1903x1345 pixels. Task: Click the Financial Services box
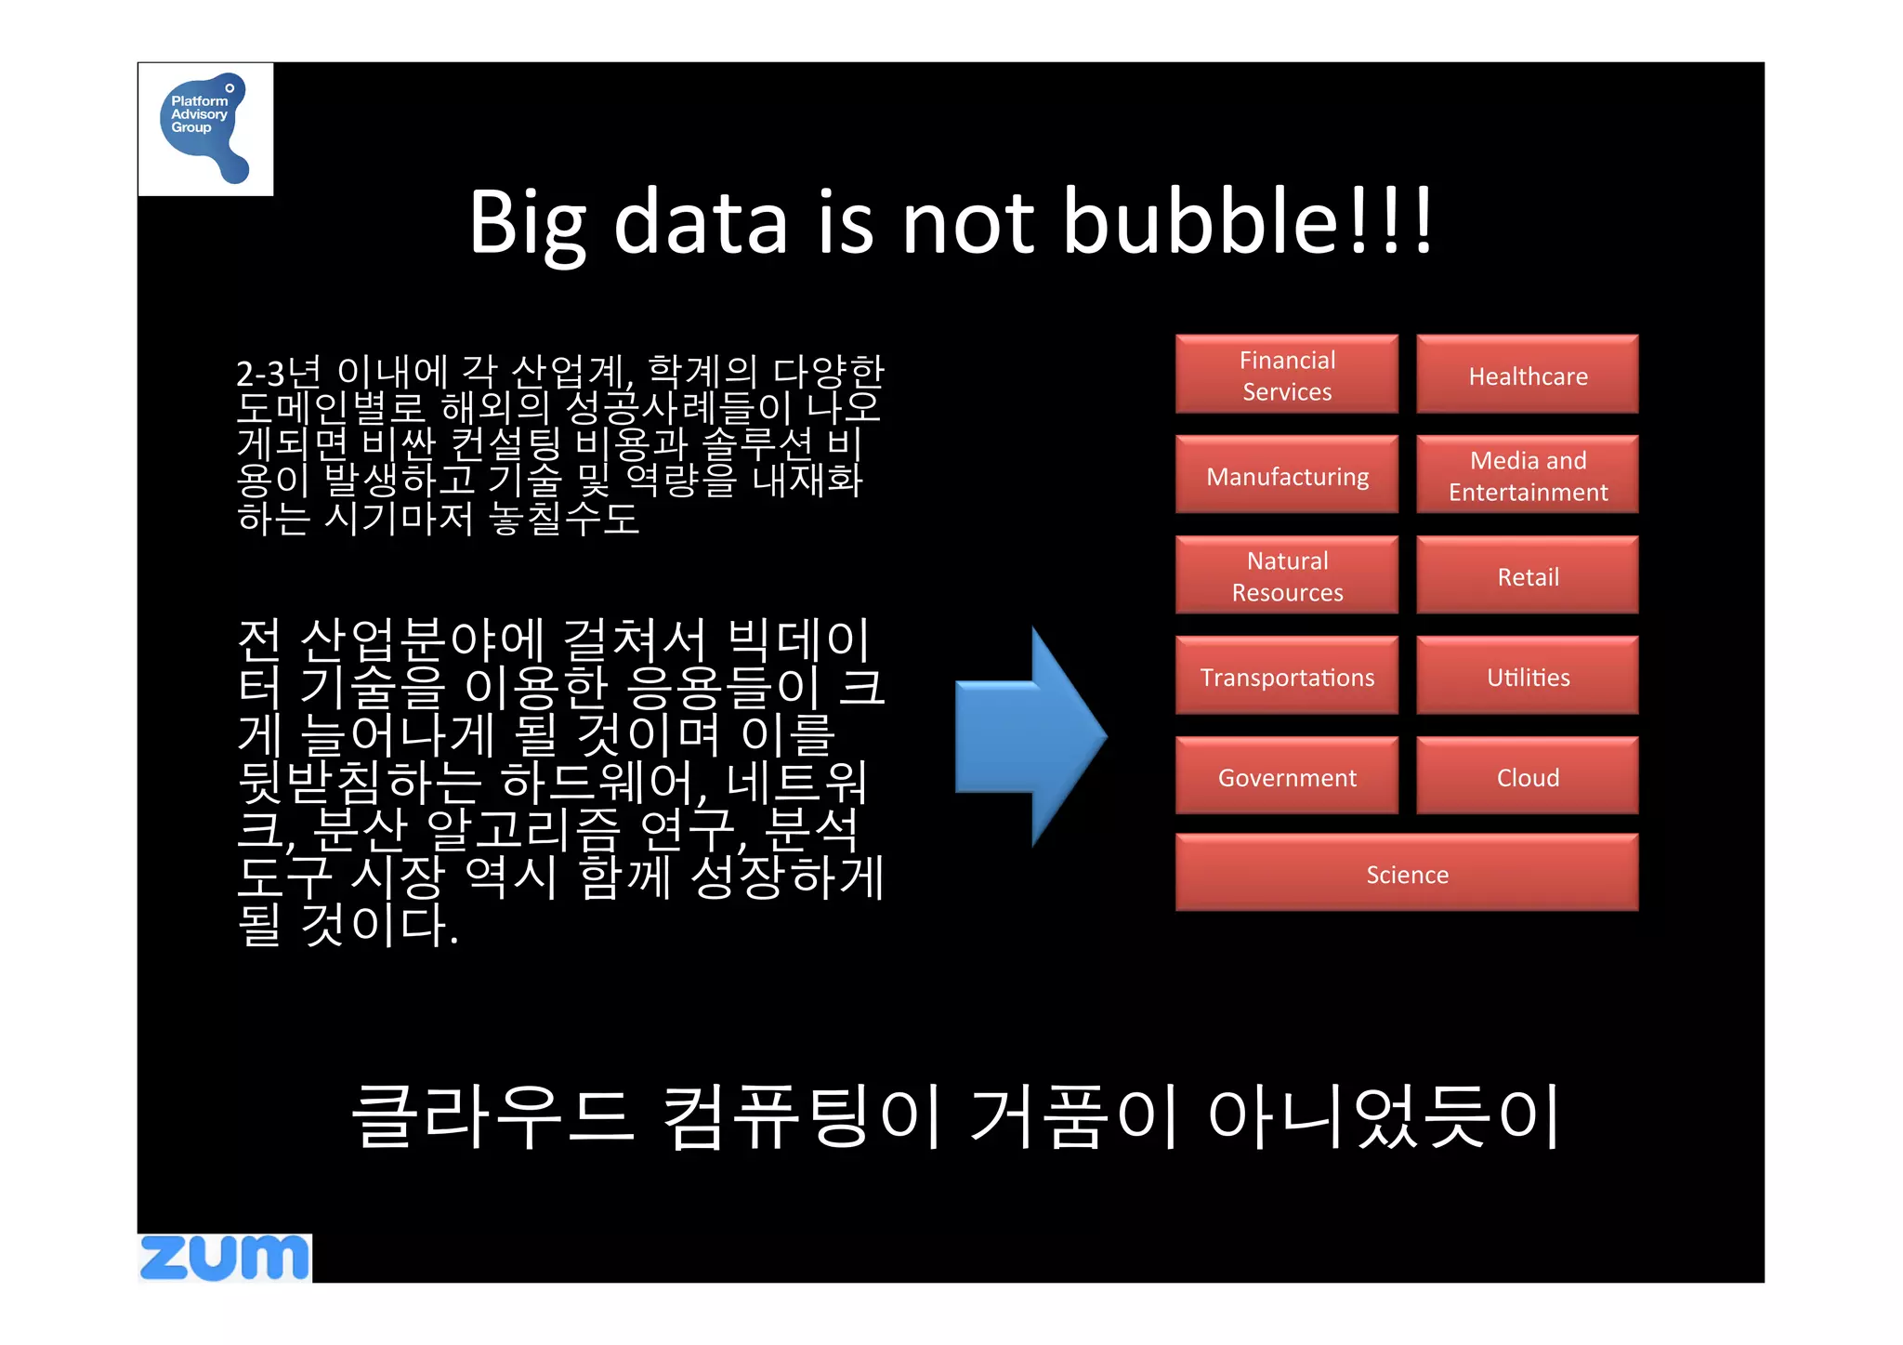pos(1286,375)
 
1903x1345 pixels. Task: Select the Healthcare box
pos(1527,375)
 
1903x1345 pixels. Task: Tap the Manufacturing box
pos(1286,475)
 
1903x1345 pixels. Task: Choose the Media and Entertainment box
pos(1527,475)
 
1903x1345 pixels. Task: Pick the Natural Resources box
pos(1286,575)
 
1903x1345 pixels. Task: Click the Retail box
pos(1527,575)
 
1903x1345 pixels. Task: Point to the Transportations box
pos(1286,676)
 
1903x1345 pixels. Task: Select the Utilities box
pos(1527,676)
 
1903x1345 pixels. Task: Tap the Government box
pos(1286,776)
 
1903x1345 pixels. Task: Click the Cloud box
pos(1527,776)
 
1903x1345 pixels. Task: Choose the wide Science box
pos(1406,873)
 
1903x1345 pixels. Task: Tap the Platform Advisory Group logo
pos(205,128)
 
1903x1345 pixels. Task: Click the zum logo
pos(224,1258)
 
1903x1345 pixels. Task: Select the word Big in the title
pos(527,223)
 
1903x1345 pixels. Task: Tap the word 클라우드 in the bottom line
pos(492,1115)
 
